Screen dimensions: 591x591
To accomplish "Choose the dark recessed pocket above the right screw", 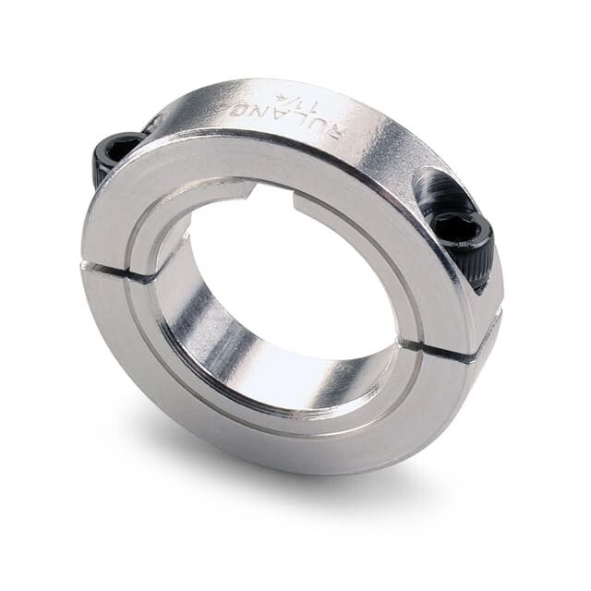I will click(x=441, y=189).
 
